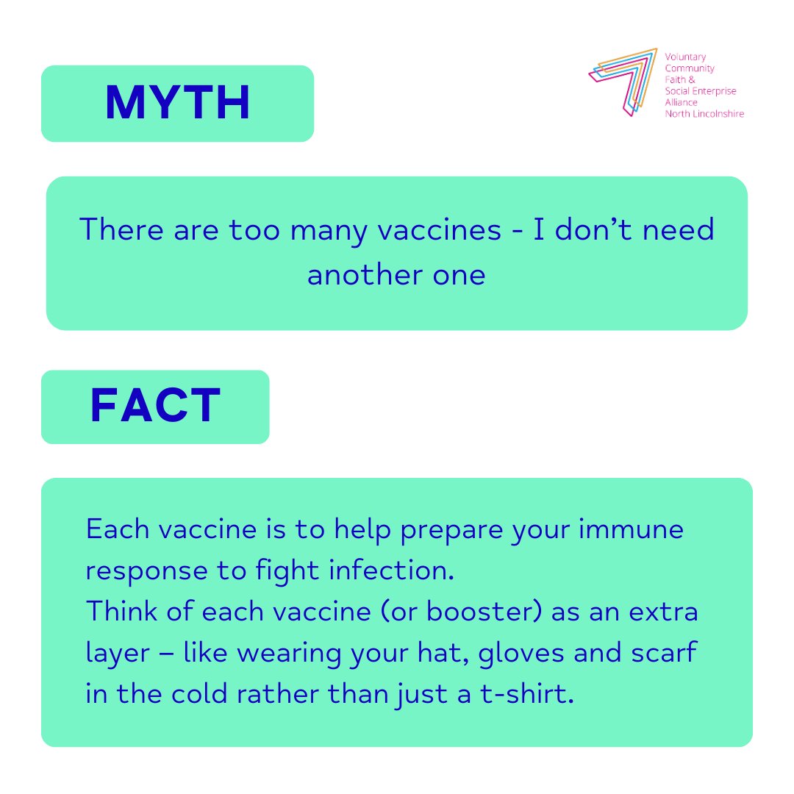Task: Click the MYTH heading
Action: pyautogui.click(x=177, y=104)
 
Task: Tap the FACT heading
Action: pyautogui.click(x=155, y=407)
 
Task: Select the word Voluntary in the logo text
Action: pyautogui.click(x=684, y=57)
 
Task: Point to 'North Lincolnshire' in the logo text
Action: pyautogui.click(x=704, y=114)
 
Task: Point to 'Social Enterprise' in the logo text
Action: pyautogui.click(x=700, y=91)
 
